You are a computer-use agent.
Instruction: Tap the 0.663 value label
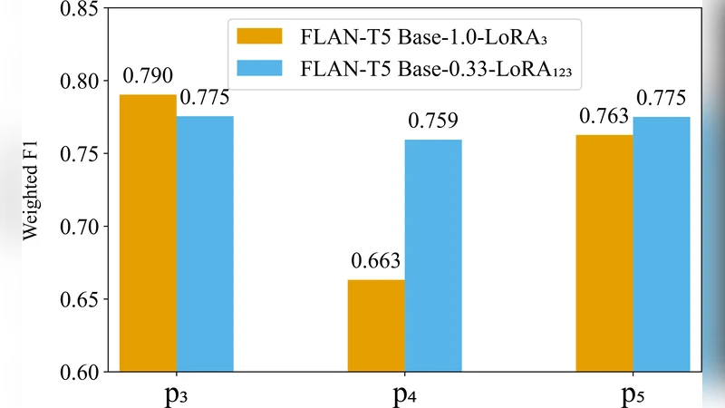pos(375,262)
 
